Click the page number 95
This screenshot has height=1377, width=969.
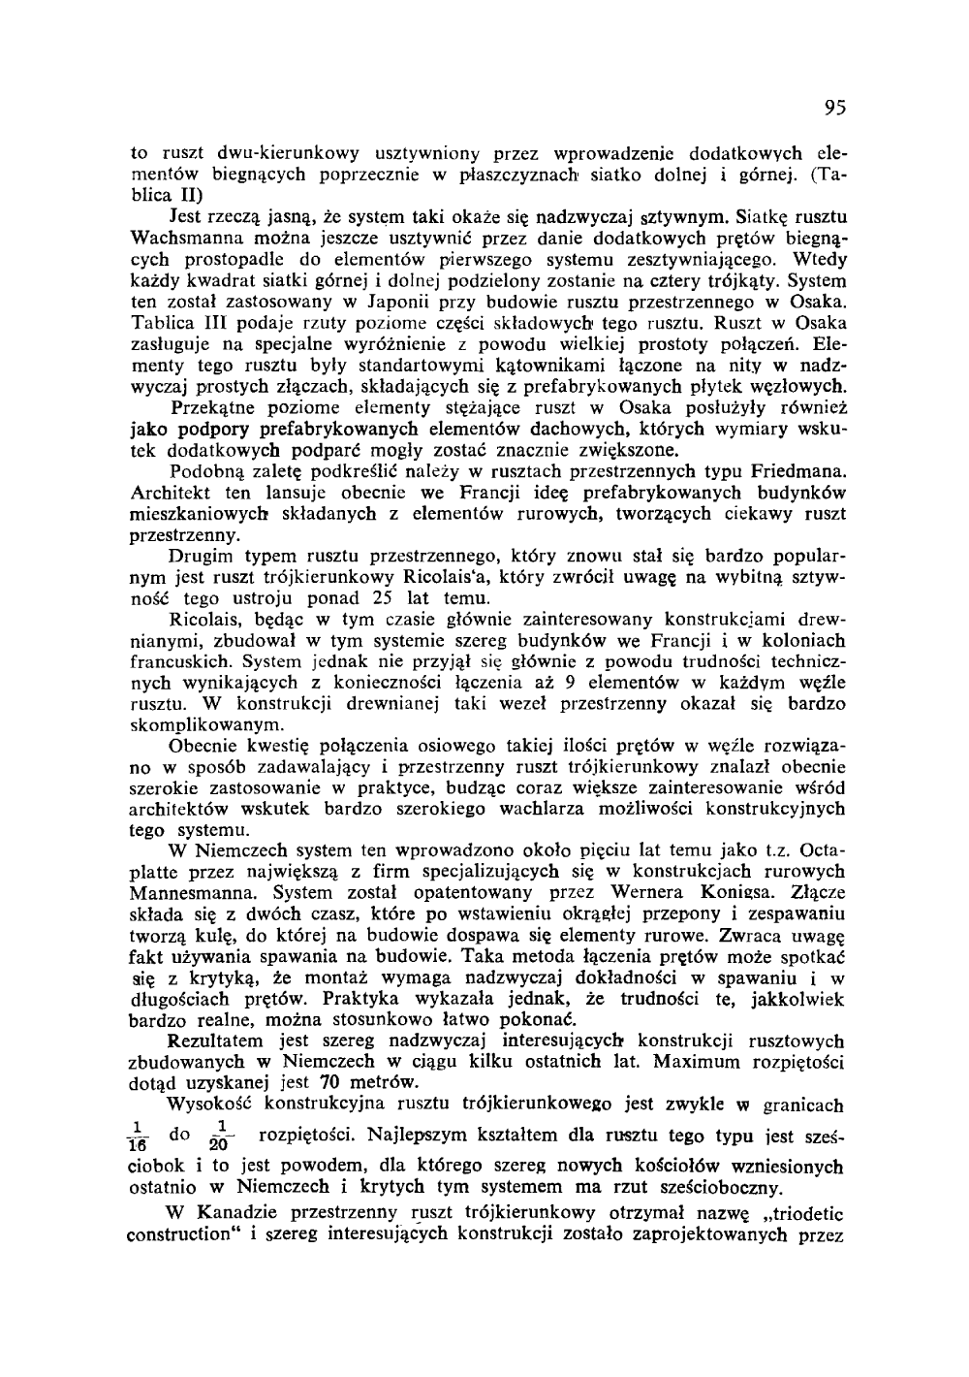(x=834, y=108)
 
